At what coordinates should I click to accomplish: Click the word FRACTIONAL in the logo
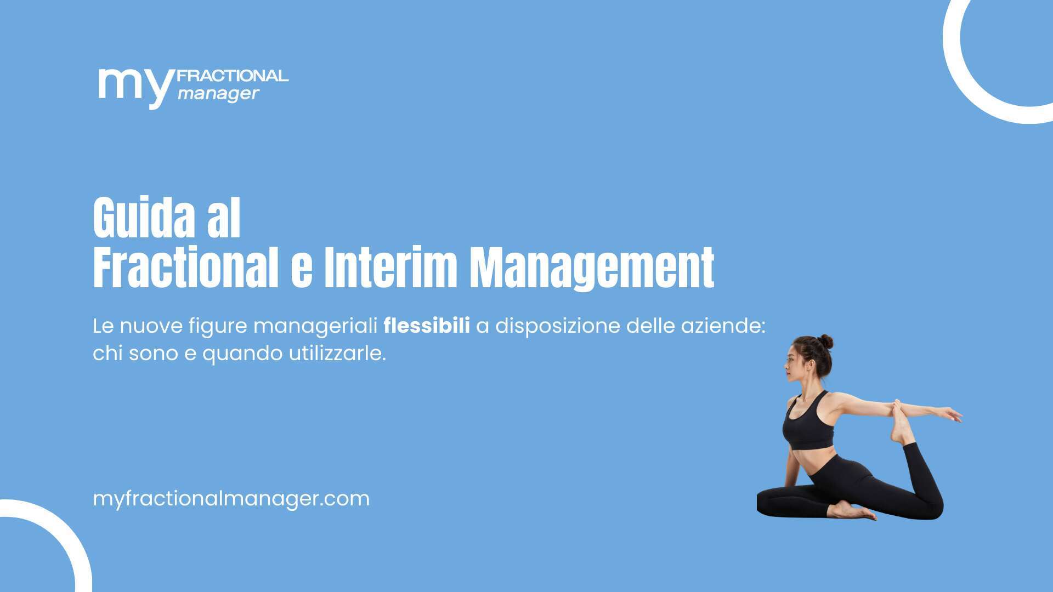[x=233, y=76]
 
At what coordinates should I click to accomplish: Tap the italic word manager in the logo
[x=218, y=94]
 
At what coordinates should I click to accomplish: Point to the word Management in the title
[x=592, y=269]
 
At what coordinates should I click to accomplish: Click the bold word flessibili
[x=427, y=326]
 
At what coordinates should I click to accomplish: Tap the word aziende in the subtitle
[x=723, y=326]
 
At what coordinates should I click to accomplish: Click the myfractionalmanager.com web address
[x=231, y=499]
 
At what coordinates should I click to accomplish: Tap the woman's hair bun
[x=825, y=342]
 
